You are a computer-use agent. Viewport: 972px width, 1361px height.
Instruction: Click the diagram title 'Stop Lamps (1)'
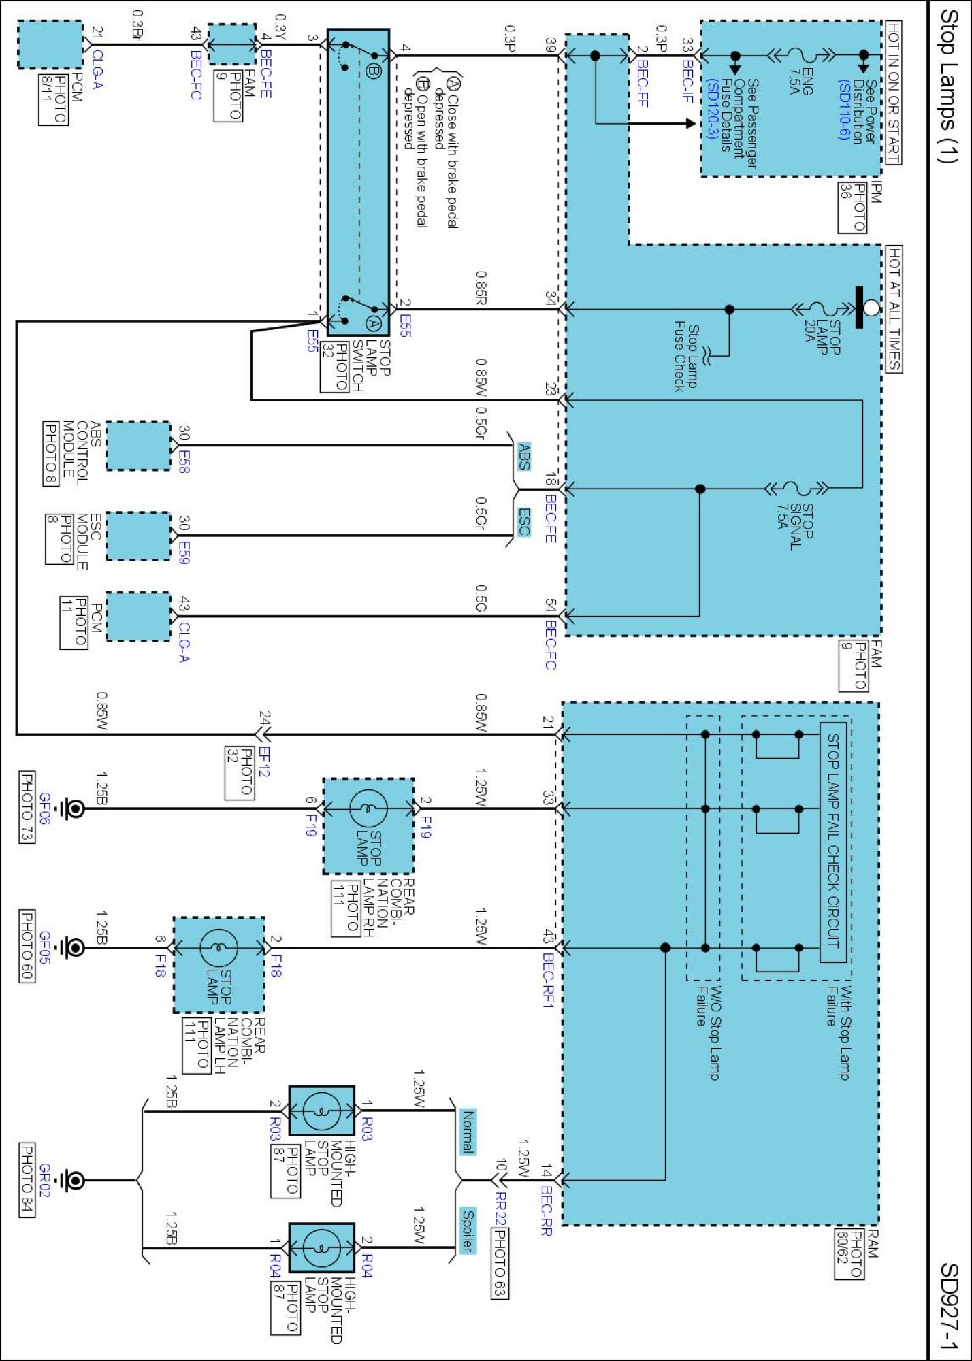click(x=948, y=86)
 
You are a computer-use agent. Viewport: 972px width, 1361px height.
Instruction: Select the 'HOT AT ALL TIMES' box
click(x=894, y=309)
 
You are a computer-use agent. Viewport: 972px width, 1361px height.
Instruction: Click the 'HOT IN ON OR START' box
click(x=893, y=93)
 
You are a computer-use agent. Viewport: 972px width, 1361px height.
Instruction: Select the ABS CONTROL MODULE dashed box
click(x=138, y=446)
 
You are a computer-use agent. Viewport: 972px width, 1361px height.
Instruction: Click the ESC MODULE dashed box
click(x=138, y=536)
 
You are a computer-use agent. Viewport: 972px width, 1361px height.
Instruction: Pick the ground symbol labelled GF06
click(x=71, y=808)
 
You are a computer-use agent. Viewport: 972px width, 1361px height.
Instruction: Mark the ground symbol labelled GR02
click(x=71, y=1180)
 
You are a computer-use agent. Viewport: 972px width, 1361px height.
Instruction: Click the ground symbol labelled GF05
click(x=71, y=947)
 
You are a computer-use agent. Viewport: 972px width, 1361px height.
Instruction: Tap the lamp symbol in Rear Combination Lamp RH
click(x=368, y=808)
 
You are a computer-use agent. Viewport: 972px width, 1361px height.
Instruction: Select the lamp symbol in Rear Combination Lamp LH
click(x=218, y=947)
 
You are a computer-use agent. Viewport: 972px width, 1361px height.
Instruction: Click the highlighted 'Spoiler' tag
click(x=468, y=1230)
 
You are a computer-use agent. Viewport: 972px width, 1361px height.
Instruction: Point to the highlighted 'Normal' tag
click(x=468, y=1131)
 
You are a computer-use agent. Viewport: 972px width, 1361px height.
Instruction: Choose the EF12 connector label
click(x=264, y=761)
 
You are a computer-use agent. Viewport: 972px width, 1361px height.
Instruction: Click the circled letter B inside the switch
click(x=373, y=70)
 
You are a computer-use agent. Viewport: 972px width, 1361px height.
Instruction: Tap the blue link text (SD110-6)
click(x=844, y=110)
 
